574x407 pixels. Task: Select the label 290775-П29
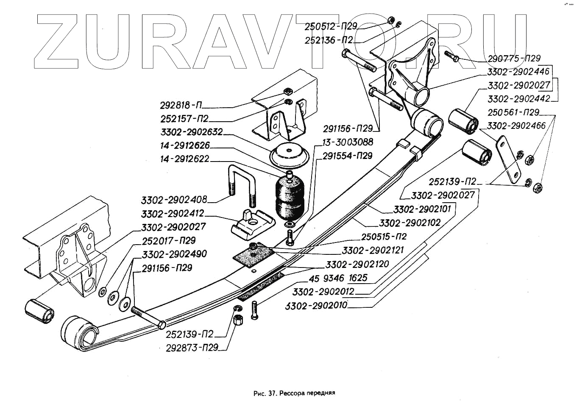514,59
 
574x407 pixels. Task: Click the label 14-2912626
185,145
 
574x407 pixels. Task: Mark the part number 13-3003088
347,142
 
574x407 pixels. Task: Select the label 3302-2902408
174,199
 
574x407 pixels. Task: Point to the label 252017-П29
169,240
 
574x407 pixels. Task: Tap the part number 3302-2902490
174,254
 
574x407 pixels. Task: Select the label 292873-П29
192,348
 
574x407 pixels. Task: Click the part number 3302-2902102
410,223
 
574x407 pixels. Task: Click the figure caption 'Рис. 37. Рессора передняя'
294,393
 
